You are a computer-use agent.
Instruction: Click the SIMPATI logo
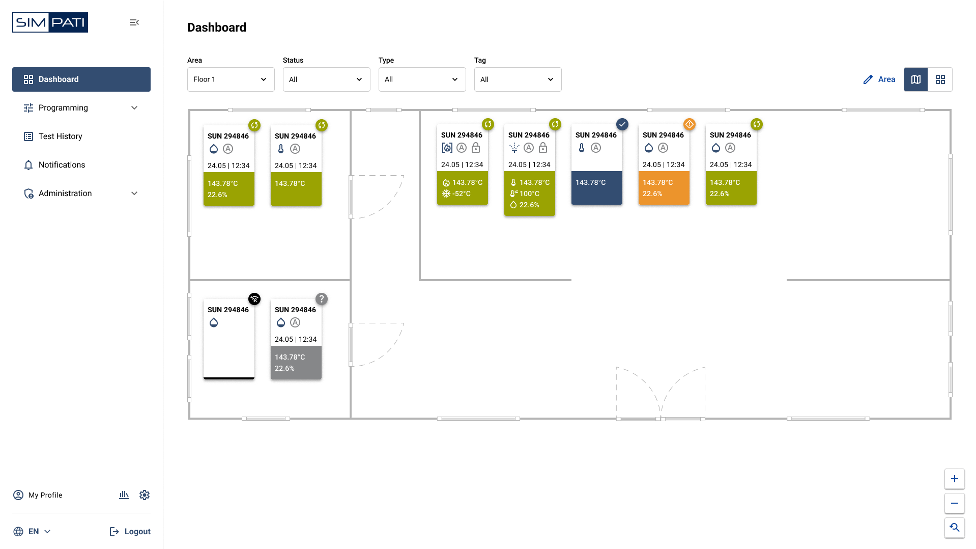tap(50, 22)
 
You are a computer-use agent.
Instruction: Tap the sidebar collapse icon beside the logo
tap(134, 22)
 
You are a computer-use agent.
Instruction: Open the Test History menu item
tap(60, 136)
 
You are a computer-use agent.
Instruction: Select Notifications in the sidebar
tap(62, 165)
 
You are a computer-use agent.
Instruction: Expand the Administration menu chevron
tap(134, 194)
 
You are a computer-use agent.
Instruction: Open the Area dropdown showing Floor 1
tap(231, 79)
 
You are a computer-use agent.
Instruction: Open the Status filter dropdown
tap(326, 79)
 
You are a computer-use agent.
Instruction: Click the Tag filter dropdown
tap(518, 79)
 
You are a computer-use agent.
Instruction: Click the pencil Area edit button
tap(879, 79)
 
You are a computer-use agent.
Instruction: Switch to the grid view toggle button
tap(940, 79)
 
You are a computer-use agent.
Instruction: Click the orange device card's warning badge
tap(690, 124)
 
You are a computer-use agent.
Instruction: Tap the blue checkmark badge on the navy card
tap(622, 124)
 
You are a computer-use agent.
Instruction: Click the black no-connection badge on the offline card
tap(254, 299)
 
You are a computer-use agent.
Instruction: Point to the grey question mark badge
tap(322, 299)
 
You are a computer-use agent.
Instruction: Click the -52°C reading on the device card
tap(461, 194)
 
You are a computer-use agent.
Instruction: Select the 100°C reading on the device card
tap(529, 194)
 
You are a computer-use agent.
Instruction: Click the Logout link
tap(130, 532)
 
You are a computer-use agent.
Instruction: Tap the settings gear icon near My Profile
tap(145, 495)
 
